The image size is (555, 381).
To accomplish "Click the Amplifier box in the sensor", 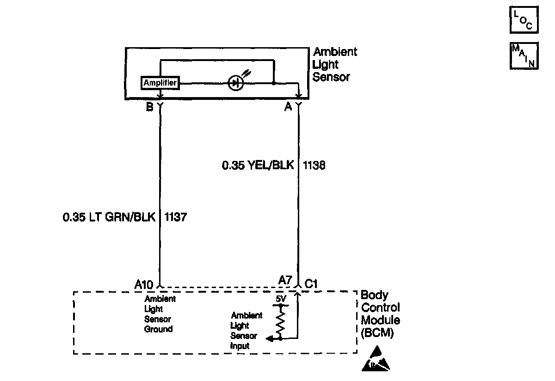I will tap(160, 83).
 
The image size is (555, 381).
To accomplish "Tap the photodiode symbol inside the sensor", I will tap(236, 83).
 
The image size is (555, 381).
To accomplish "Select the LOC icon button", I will tap(524, 20).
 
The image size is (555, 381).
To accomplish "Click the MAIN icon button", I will tap(524, 56).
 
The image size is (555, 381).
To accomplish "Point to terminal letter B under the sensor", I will tap(149, 107).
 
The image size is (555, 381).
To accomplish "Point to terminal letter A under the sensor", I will tap(288, 107).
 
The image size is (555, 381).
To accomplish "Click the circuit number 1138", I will tap(314, 165).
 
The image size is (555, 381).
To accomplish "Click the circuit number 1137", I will tap(175, 216).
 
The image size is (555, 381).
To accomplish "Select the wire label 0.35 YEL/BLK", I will tap(258, 165).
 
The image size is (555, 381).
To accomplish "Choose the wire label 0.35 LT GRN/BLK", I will tap(110, 216).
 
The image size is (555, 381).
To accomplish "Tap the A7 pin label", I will tap(285, 280).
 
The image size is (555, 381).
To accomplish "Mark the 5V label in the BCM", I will tap(281, 299).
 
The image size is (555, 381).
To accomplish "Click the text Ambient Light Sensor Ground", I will tap(159, 314).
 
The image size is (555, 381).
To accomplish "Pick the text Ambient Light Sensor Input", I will tap(247, 331).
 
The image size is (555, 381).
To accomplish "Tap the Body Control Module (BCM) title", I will tap(380, 314).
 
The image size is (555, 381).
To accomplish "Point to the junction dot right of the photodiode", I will tap(274, 84).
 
